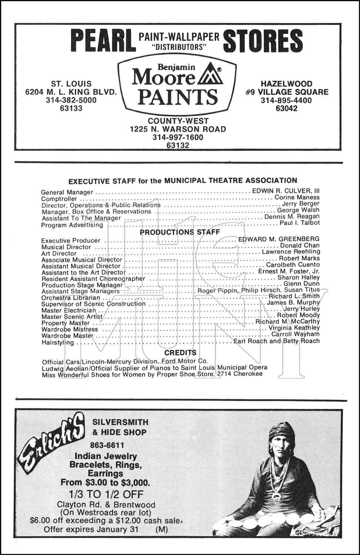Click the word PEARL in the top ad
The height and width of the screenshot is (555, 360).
tap(102, 41)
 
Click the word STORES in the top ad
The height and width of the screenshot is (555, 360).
tap(263, 41)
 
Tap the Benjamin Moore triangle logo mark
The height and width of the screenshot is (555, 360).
tap(211, 75)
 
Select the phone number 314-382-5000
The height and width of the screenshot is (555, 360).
tap(71, 100)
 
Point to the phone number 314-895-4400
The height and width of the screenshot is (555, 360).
tap(286, 101)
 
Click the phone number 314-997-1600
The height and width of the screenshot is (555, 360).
tap(178, 137)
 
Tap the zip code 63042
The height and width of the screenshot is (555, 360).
tap(286, 108)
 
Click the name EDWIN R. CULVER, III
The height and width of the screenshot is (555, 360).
tap(286, 191)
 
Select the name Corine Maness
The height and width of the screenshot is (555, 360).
tap(297, 198)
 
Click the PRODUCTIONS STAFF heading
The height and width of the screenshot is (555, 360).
tap(180, 232)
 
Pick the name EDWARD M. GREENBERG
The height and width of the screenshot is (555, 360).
tap(279, 239)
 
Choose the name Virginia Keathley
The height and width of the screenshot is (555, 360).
tap(294, 328)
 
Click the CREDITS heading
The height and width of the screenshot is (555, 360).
tap(180, 353)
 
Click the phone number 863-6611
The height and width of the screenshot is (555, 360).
tap(107, 445)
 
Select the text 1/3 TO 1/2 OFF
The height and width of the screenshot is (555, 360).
tap(106, 494)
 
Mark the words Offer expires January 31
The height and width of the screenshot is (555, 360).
tap(91, 529)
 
